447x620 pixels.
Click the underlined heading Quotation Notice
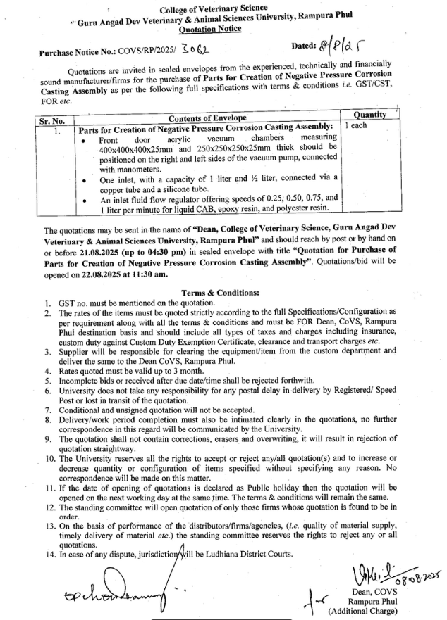coord(210,30)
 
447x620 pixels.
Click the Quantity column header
coord(369,114)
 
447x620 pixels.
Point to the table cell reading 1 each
coord(357,125)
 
